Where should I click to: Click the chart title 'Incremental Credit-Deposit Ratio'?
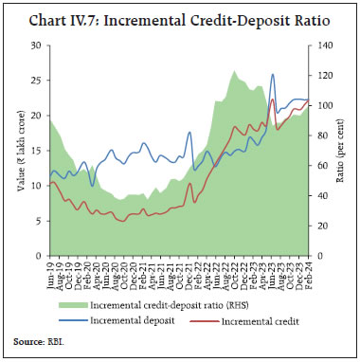(179, 13)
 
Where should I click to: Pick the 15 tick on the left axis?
(37, 151)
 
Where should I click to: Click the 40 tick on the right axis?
(323, 195)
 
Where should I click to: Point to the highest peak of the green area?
(233, 71)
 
